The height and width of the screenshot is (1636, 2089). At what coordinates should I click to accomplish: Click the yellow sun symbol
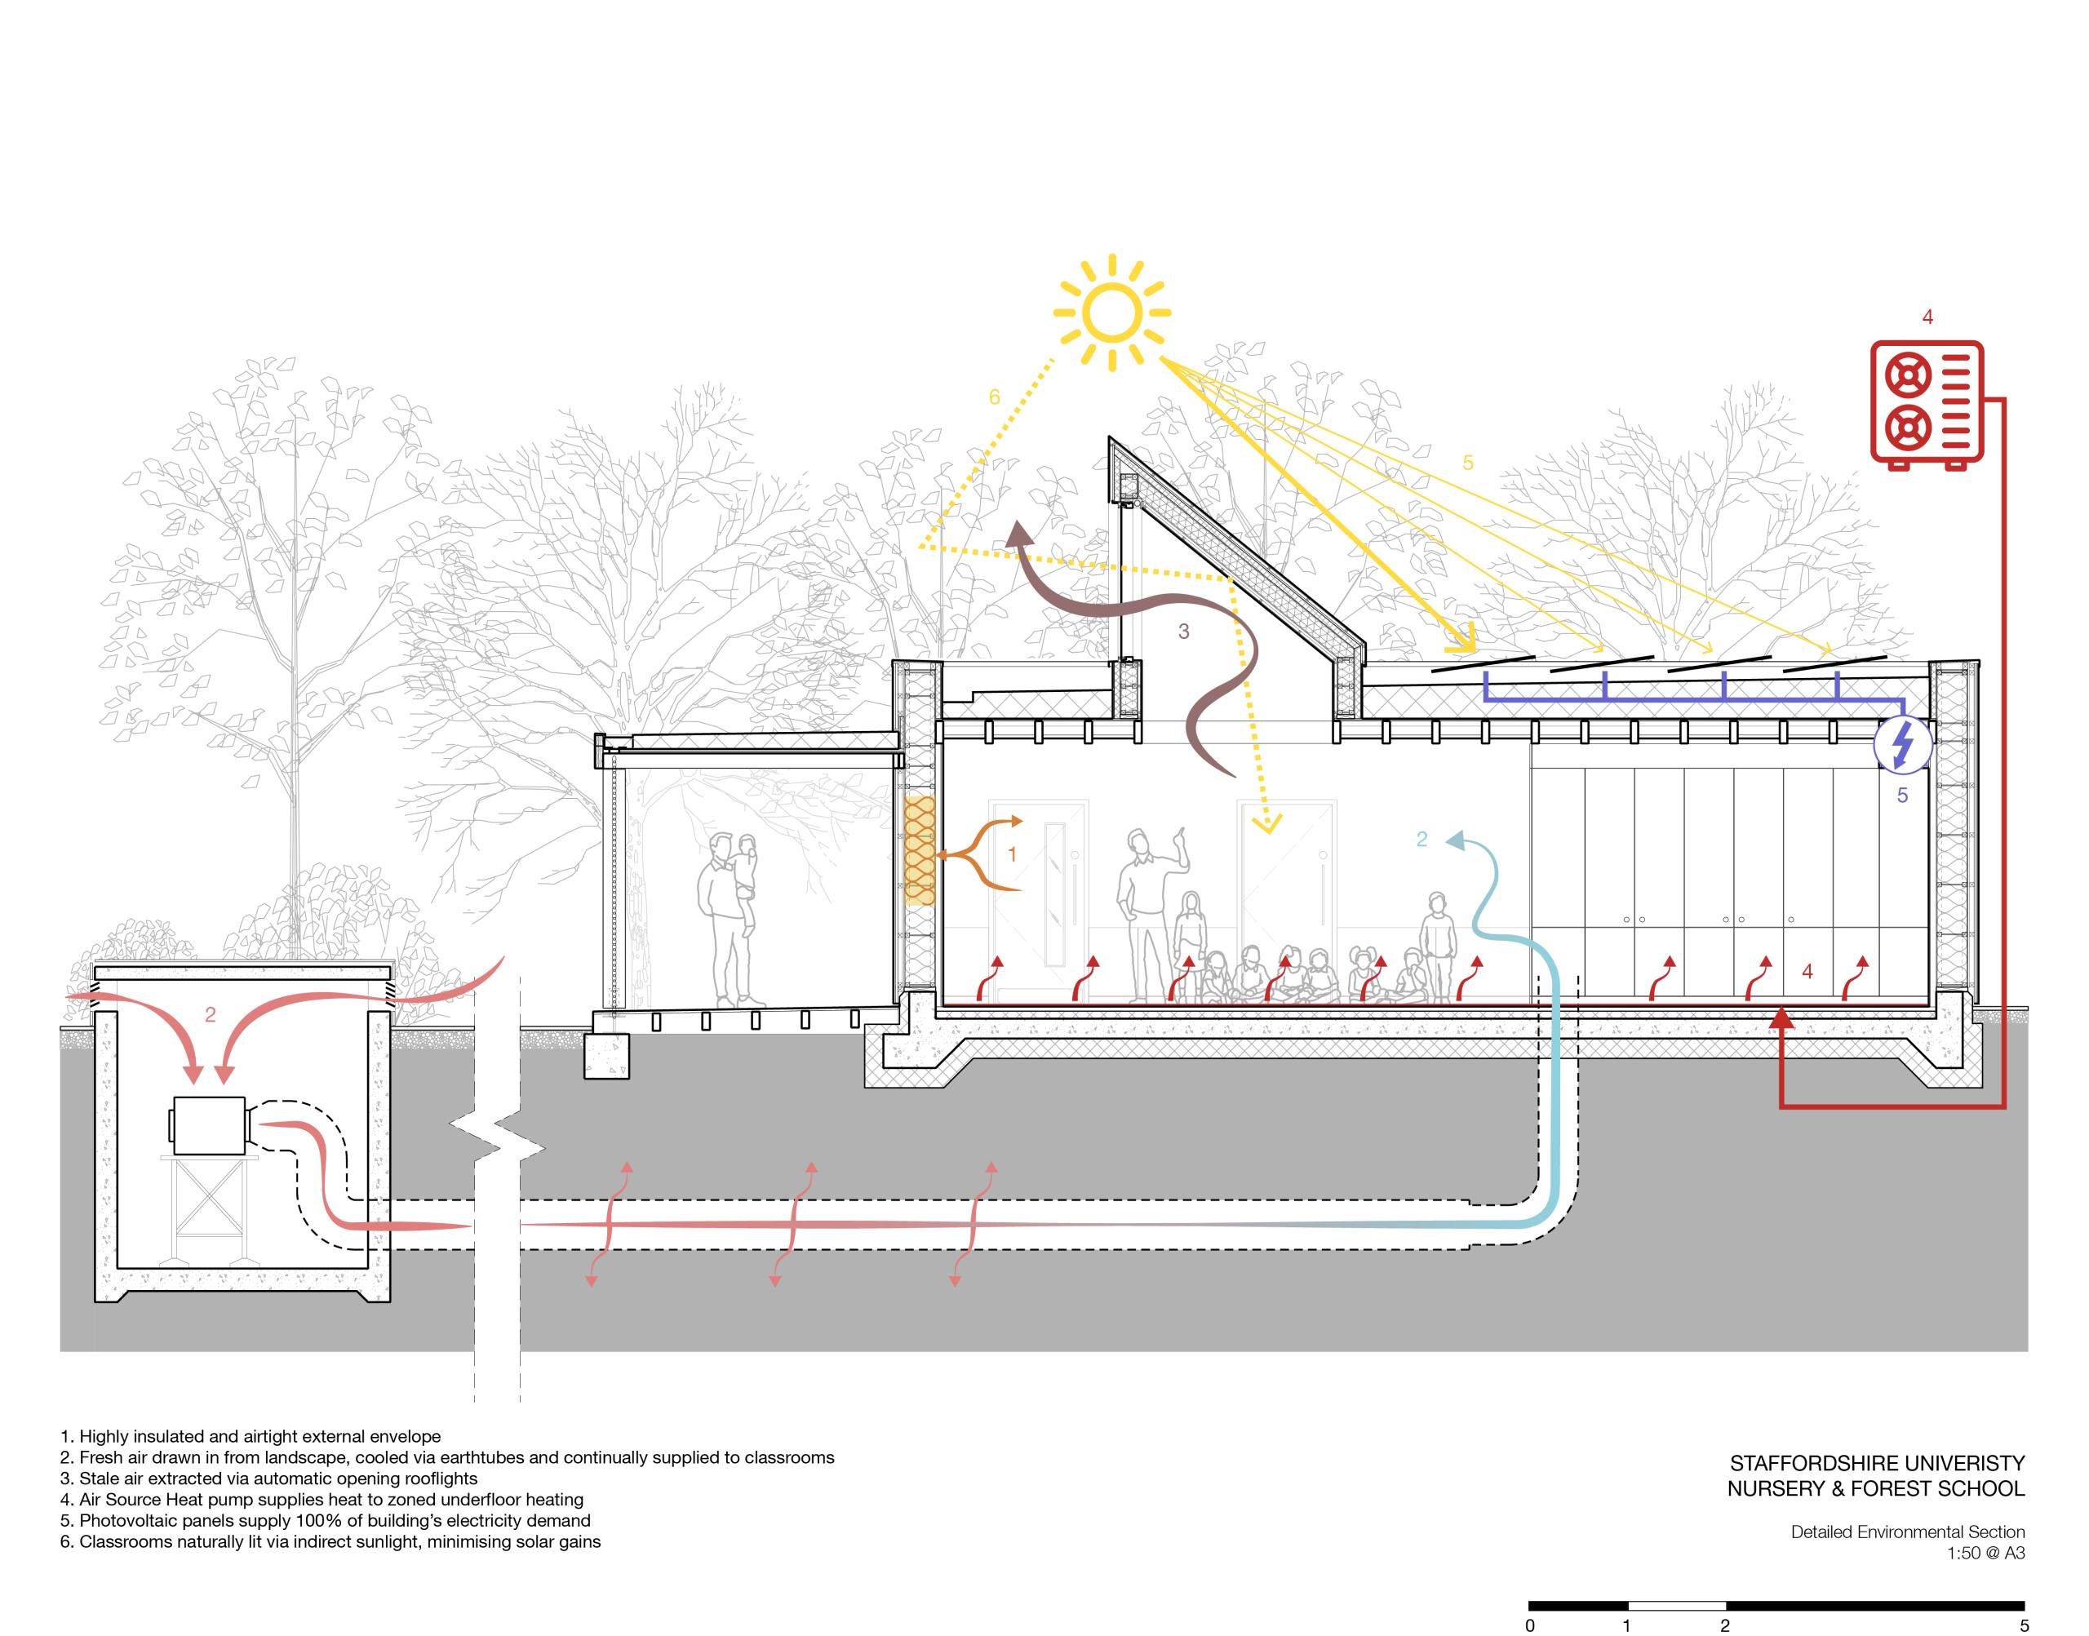click(1111, 313)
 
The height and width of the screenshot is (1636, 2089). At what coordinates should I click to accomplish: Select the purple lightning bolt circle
click(1902, 744)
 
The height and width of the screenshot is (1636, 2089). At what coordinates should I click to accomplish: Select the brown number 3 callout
click(1184, 632)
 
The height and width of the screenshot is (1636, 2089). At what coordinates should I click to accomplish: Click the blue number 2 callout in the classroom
click(1421, 839)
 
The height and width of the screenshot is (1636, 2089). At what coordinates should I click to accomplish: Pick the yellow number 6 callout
click(994, 397)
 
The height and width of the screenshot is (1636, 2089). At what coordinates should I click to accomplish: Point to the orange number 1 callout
click(1013, 854)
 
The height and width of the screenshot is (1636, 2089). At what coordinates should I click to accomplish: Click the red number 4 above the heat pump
click(1928, 317)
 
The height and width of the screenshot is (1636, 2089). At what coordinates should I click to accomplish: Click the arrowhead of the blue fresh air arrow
click(1456, 840)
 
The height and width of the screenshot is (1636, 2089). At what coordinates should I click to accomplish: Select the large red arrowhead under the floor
click(1781, 1018)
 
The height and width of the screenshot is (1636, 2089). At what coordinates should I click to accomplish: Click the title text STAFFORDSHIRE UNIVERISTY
click(1876, 1464)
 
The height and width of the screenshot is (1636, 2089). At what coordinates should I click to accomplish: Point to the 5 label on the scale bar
click(2024, 1625)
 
